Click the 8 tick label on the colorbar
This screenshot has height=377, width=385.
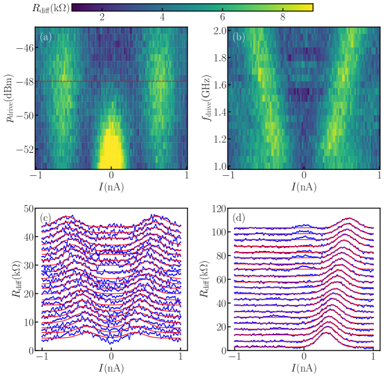[x=282, y=18]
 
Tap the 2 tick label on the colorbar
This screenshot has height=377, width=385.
[x=102, y=18]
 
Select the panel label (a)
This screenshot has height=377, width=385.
[x=46, y=37]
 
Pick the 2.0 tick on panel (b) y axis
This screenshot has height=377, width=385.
[x=220, y=31]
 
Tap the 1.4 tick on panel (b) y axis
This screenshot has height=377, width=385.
[x=220, y=113]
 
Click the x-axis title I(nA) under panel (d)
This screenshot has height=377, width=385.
[x=304, y=370]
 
